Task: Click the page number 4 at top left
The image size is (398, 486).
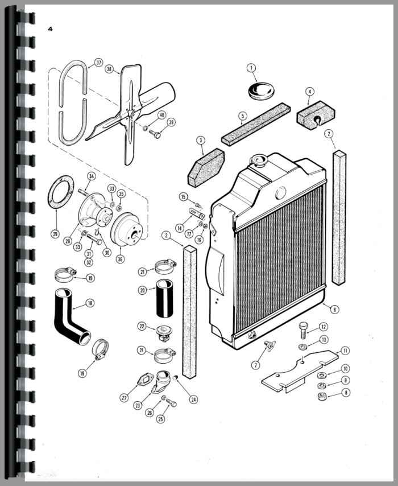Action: [50, 28]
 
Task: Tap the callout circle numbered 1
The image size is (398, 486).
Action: [251, 68]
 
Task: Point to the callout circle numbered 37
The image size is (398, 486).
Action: [98, 63]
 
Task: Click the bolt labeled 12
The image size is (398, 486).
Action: [304, 330]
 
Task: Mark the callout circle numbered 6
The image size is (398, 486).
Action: [335, 309]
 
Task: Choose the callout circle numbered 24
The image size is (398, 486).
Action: [194, 399]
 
